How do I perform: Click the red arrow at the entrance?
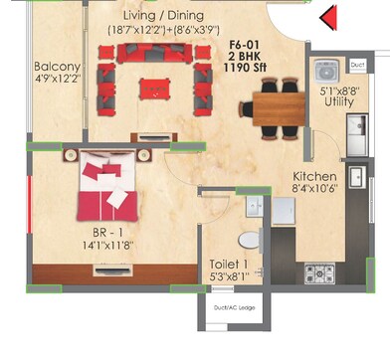[x=329, y=16]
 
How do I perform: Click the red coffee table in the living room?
[x=154, y=86]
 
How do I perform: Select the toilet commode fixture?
[x=250, y=239]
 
